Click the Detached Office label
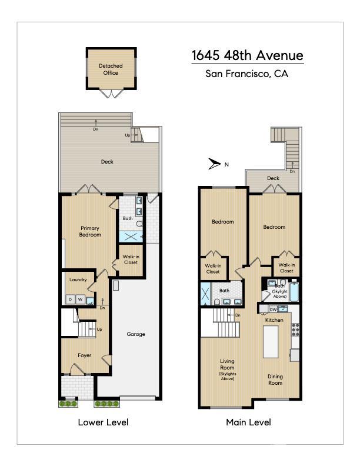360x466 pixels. pyautogui.click(x=111, y=69)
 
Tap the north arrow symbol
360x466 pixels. pyautogui.click(x=215, y=164)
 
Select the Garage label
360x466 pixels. pyautogui.click(x=136, y=334)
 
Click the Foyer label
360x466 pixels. pyautogui.click(x=84, y=355)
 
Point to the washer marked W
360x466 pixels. pyautogui.click(x=80, y=299)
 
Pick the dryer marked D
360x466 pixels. pyautogui.click(x=71, y=299)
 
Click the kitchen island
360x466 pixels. pyautogui.click(x=271, y=342)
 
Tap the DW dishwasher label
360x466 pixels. pyautogui.click(x=273, y=309)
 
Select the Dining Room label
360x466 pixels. pyautogui.click(x=275, y=380)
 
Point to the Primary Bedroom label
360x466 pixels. pyautogui.click(x=90, y=231)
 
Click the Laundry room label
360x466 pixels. pyautogui.click(x=78, y=279)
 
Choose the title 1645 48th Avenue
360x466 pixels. pyautogui.click(x=248, y=55)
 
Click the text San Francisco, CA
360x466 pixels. pyautogui.click(x=247, y=74)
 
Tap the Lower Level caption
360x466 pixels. pyautogui.click(x=103, y=422)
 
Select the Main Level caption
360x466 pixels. pyautogui.click(x=248, y=422)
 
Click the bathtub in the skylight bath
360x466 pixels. pyautogui.click(x=294, y=292)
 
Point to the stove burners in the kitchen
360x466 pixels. pyautogui.click(x=295, y=329)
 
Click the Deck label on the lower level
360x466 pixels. pyautogui.click(x=107, y=162)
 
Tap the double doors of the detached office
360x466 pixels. pyautogui.click(x=111, y=94)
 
